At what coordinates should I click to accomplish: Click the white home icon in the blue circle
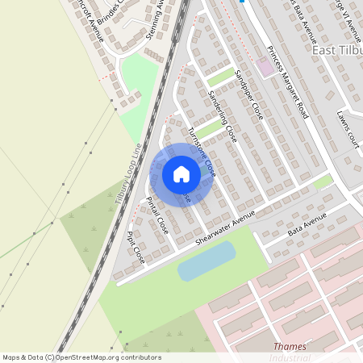181,174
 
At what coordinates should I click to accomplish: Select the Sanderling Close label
221,116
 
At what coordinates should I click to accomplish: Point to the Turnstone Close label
201,152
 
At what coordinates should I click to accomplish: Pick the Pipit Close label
136,248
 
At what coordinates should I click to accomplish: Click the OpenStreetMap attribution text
81,357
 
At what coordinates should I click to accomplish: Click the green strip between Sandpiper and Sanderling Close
219,77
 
